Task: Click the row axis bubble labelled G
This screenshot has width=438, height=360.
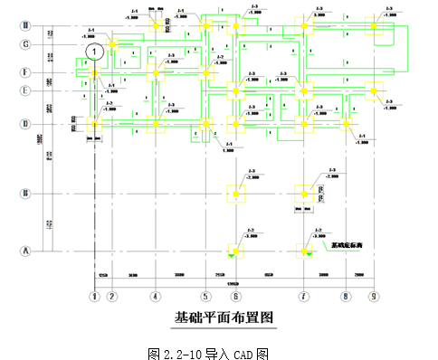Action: pyautogui.click(x=26, y=43)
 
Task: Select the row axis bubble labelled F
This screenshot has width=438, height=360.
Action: pyautogui.click(x=26, y=72)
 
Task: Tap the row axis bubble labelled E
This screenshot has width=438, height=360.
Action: pyautogui.click(x=26, y=90)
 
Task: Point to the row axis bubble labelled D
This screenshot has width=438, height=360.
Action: pyautogui.click(x=26, y=124)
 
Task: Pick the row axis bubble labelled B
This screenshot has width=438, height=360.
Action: pyautogui.click(x=26, y=193)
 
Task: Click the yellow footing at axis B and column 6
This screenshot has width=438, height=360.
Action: pyautogui.click(x=235, y=193)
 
